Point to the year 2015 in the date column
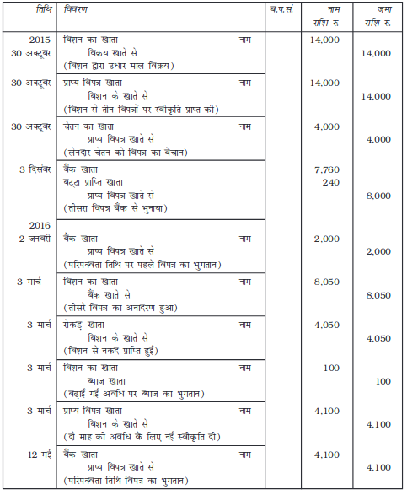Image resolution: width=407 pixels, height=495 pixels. pos(40,40)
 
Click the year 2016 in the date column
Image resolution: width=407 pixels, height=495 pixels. pos(40,227)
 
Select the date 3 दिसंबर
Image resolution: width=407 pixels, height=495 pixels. pos(33,169)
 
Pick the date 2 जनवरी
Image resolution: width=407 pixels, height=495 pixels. pos(34,239)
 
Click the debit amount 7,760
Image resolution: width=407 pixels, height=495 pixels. pos(324,169)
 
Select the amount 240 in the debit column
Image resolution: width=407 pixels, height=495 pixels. pos(329,182)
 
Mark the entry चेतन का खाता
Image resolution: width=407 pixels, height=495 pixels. pos(89,126)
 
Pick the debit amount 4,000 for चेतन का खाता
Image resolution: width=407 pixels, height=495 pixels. pos(324,126)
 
